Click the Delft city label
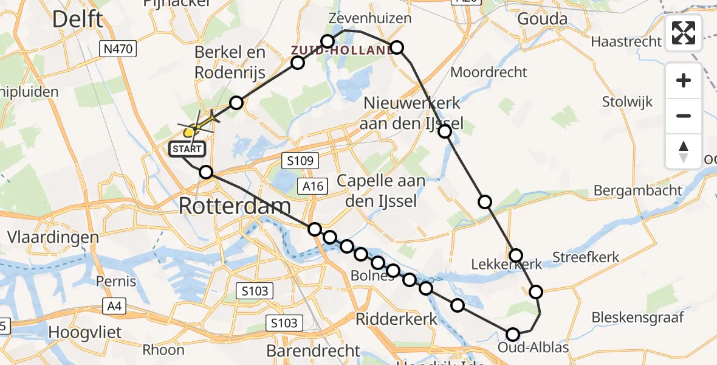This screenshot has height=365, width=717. pyautogui.click(x=77, y=19)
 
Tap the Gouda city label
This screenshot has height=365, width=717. pyautogui.click(x=542, y=19)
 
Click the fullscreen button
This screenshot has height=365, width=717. pyautogui.click(x=684, y=33)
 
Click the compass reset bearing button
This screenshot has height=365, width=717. pyautogui.click(x=684, y=151)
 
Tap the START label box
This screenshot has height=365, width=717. pyautogui.click(x=188, y=148)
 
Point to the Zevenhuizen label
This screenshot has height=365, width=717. pyautogui.click(x=369, y=18)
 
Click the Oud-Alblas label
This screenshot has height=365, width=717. pyautogui.click(x=533, y=348)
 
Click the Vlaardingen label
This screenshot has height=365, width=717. pyautogui.click(x=53, y=237)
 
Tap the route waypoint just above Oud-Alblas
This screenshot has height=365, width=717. pyautogui.click(x=513, y=334)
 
